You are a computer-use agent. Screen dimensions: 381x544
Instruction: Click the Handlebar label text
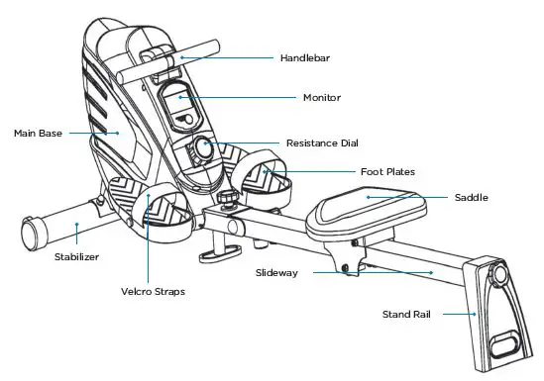click(x=305, y=57)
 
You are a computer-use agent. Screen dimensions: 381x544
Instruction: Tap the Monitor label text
click(x=321, y=98)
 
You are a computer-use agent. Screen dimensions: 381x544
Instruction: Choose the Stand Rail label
click(x=407, y=315)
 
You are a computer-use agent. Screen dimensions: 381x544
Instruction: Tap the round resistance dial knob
click(x=203, y=149)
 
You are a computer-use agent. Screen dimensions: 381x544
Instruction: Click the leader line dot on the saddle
click(x=369, y=197)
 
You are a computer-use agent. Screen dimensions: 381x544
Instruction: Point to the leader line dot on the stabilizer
click(x=77, y=225)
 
